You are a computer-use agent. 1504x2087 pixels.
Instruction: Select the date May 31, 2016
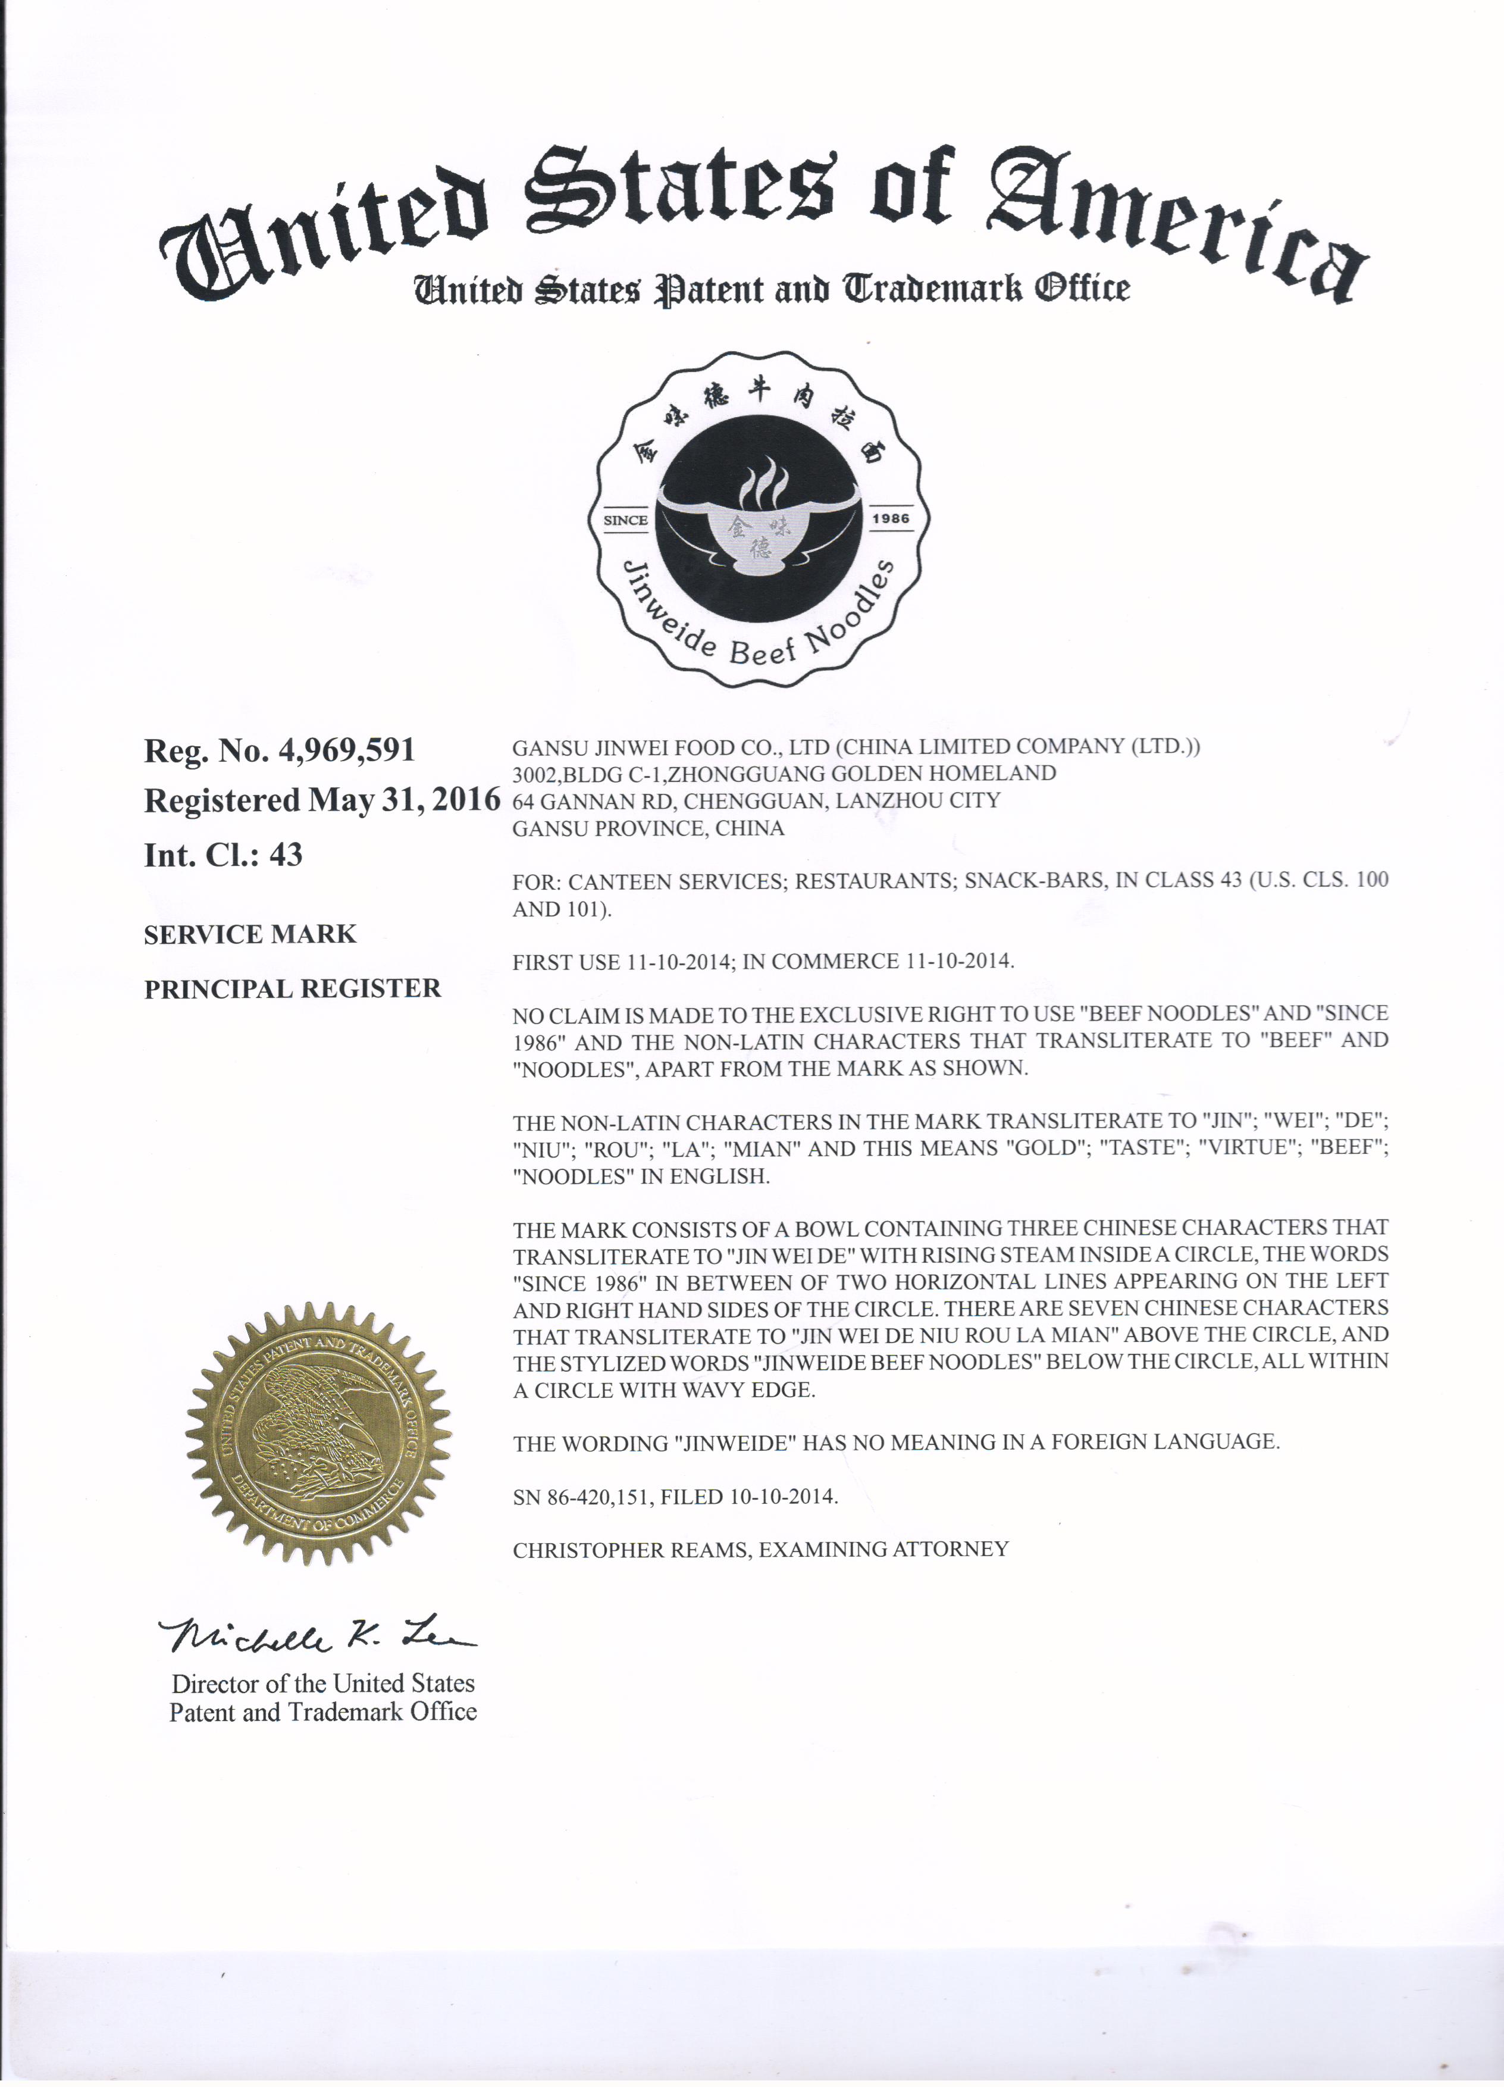coord(404,800)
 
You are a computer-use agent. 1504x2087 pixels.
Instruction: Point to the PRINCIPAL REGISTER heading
coord(293,988)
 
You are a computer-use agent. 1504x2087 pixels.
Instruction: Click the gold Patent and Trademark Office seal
coord(317,1435)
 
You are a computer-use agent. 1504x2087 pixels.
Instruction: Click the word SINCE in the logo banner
coord(625,520)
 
